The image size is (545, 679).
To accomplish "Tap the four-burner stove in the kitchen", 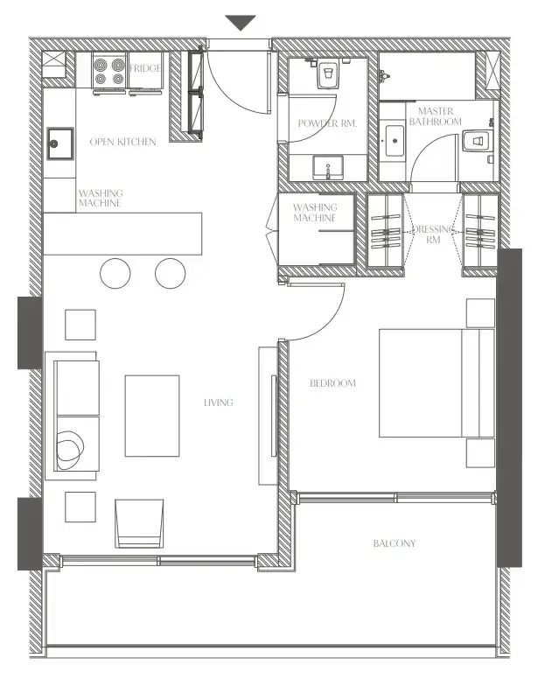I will [x=109, y=72].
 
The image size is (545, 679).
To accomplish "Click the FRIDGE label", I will [x=145, y=68].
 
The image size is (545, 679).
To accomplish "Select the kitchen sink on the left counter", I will [x=59, y=141].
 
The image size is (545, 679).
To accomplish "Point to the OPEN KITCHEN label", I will [x=123, y=142].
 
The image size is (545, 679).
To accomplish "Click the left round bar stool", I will [x=115, y=273].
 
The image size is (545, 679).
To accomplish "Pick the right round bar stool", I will [x=171, y=273].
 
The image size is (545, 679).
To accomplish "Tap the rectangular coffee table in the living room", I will [x=152, y=416].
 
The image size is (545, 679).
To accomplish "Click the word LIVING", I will [x=218, y=402].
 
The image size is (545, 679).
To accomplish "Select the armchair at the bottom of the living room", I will [x=140, y=522].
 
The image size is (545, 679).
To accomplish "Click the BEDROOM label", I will [x=333, y=383].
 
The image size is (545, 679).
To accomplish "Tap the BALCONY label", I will [x=395, y=543].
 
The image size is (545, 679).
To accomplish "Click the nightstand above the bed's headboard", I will [x=480, y=312].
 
